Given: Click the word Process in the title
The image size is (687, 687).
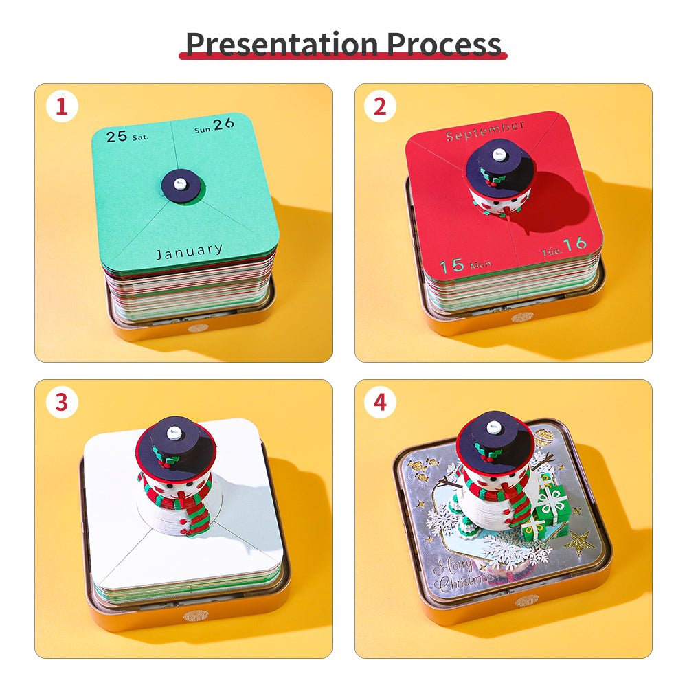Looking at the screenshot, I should (x=444, y=44).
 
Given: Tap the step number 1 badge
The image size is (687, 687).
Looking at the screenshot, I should (x=62, y=107).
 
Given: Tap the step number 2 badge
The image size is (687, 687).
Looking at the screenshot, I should (x=380, y=107).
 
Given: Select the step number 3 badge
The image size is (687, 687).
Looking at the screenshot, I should (x=62, y=403).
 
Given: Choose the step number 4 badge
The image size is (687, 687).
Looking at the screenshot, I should (x=380, y=403).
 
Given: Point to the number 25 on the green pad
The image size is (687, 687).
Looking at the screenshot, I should (x=117, y=136).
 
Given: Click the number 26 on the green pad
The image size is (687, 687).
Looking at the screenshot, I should (x=223, y=125).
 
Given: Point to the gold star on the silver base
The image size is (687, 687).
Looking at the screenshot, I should (x=578, y=544).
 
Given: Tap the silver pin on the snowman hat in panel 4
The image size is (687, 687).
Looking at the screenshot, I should (x=493, y=427).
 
